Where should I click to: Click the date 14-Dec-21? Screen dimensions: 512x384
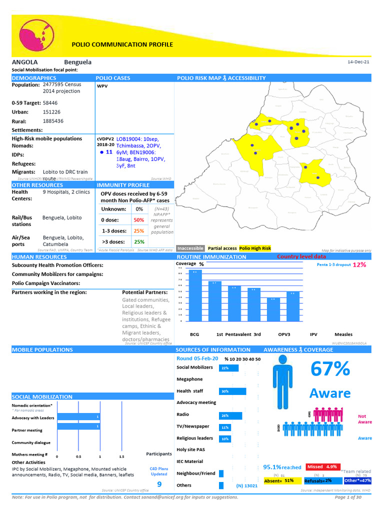[x=358, y=62]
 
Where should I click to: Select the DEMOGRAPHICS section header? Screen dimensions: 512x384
[x=34, y=78]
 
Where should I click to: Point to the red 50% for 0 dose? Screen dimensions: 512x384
[x=139, y=220]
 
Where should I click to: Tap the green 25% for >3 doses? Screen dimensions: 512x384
[x=139, y=242]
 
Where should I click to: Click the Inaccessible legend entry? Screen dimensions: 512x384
[x=190, y=248]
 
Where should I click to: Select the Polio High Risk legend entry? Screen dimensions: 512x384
[x=255, y=248]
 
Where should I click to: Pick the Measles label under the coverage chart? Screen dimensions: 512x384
[x=343, y=334]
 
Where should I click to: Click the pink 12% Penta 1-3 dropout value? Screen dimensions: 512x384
[x=359, y=264]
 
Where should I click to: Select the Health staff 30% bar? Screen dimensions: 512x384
[x=232, y=391]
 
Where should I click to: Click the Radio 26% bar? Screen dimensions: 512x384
[x=230, y=415]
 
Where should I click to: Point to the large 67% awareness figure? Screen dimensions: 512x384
[x=330, y=369]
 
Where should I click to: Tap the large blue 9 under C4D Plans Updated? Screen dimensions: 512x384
[x=159, y=484]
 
